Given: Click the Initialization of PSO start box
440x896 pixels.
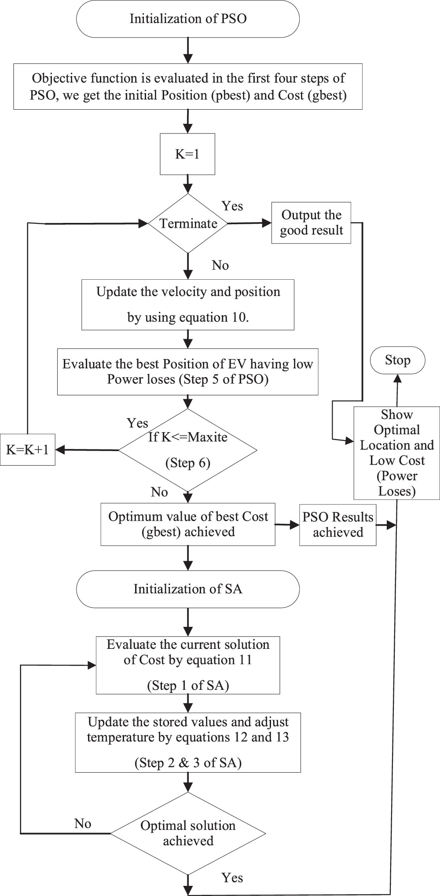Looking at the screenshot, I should point(188,19).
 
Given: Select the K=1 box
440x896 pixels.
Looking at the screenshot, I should point(187,155).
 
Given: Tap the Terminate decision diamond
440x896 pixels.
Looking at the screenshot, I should point(188,223).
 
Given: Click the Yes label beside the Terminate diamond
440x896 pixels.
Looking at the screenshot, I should point(232,206).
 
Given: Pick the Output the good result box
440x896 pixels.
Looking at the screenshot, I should point(311,223).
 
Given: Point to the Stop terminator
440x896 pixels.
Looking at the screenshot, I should point(397,360).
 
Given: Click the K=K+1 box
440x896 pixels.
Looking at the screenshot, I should point(28,450).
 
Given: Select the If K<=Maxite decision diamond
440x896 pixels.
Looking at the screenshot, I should point(188,450).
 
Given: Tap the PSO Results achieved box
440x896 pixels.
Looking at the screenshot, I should point(337,525).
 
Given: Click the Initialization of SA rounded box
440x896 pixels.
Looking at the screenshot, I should point(188,589).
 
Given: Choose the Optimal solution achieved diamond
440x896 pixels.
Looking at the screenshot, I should point(188,833).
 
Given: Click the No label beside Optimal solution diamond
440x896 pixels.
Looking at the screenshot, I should point(82,823).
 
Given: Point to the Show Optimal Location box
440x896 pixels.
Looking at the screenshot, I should point(397,453).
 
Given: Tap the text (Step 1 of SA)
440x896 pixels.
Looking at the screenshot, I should point(188,685).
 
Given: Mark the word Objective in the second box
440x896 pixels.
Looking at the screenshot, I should point(56,78).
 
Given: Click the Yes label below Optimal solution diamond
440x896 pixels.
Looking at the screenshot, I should point(232,877).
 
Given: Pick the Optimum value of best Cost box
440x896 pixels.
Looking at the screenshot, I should point(188,524).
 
